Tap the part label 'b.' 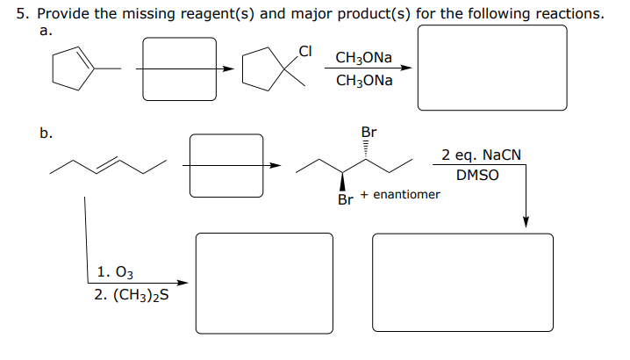click(46, 133)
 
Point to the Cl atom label click(306, 50)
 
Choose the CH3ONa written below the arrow click(363, 81)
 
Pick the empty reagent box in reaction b click(226, 164)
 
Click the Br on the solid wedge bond click(345, 200)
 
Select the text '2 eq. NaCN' click(481, 155)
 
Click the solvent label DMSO click(477, 174)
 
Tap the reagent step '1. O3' click(117, 273)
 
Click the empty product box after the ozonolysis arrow click(264, 283)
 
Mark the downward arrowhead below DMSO click(526, 221)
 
